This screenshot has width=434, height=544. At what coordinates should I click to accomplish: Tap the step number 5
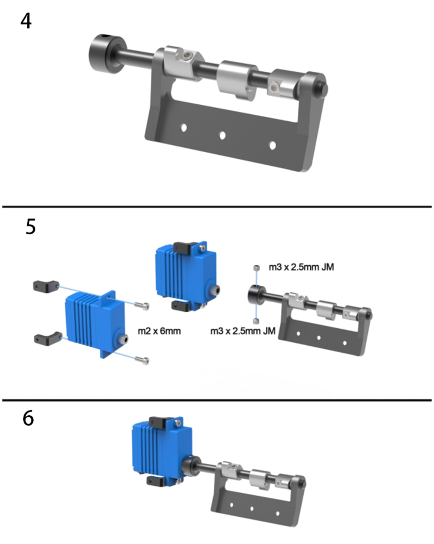tap(30, 227)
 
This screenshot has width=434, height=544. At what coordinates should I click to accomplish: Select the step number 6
tap(28, 418)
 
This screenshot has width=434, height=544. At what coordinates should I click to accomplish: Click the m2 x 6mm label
tap(159, 331)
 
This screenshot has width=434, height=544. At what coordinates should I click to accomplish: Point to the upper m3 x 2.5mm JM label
tap(301, 267)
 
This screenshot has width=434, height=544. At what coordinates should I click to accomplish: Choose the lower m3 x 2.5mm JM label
tap(243, 331)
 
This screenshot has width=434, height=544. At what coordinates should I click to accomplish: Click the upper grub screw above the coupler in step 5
tap(256, 268)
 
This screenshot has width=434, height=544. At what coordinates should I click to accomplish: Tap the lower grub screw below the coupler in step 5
tap(256, 321)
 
